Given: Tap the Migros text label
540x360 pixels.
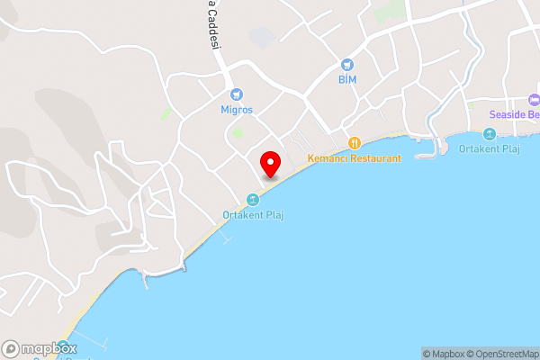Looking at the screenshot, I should click(237, 110).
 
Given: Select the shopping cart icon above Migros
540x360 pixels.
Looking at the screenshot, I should click(237, 94).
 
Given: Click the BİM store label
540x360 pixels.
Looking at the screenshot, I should click(347, 80).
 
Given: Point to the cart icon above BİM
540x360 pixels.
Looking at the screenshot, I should click(347, 65).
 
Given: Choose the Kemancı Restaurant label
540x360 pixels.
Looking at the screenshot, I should click(354, 158).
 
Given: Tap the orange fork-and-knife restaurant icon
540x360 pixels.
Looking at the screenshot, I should click(355, 142).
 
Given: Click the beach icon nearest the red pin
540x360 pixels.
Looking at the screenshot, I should click(253, 199).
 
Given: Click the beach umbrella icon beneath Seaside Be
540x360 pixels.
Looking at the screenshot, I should click(490, 134).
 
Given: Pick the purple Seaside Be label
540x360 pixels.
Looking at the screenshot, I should click(514, 114).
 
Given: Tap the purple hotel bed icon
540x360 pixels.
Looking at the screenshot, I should click(534, 99).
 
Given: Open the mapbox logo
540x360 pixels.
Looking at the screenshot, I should click(40, 348).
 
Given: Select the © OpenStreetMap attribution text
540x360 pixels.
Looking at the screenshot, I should click(505, 354).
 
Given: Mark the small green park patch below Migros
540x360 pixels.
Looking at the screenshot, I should click(238, 133).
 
